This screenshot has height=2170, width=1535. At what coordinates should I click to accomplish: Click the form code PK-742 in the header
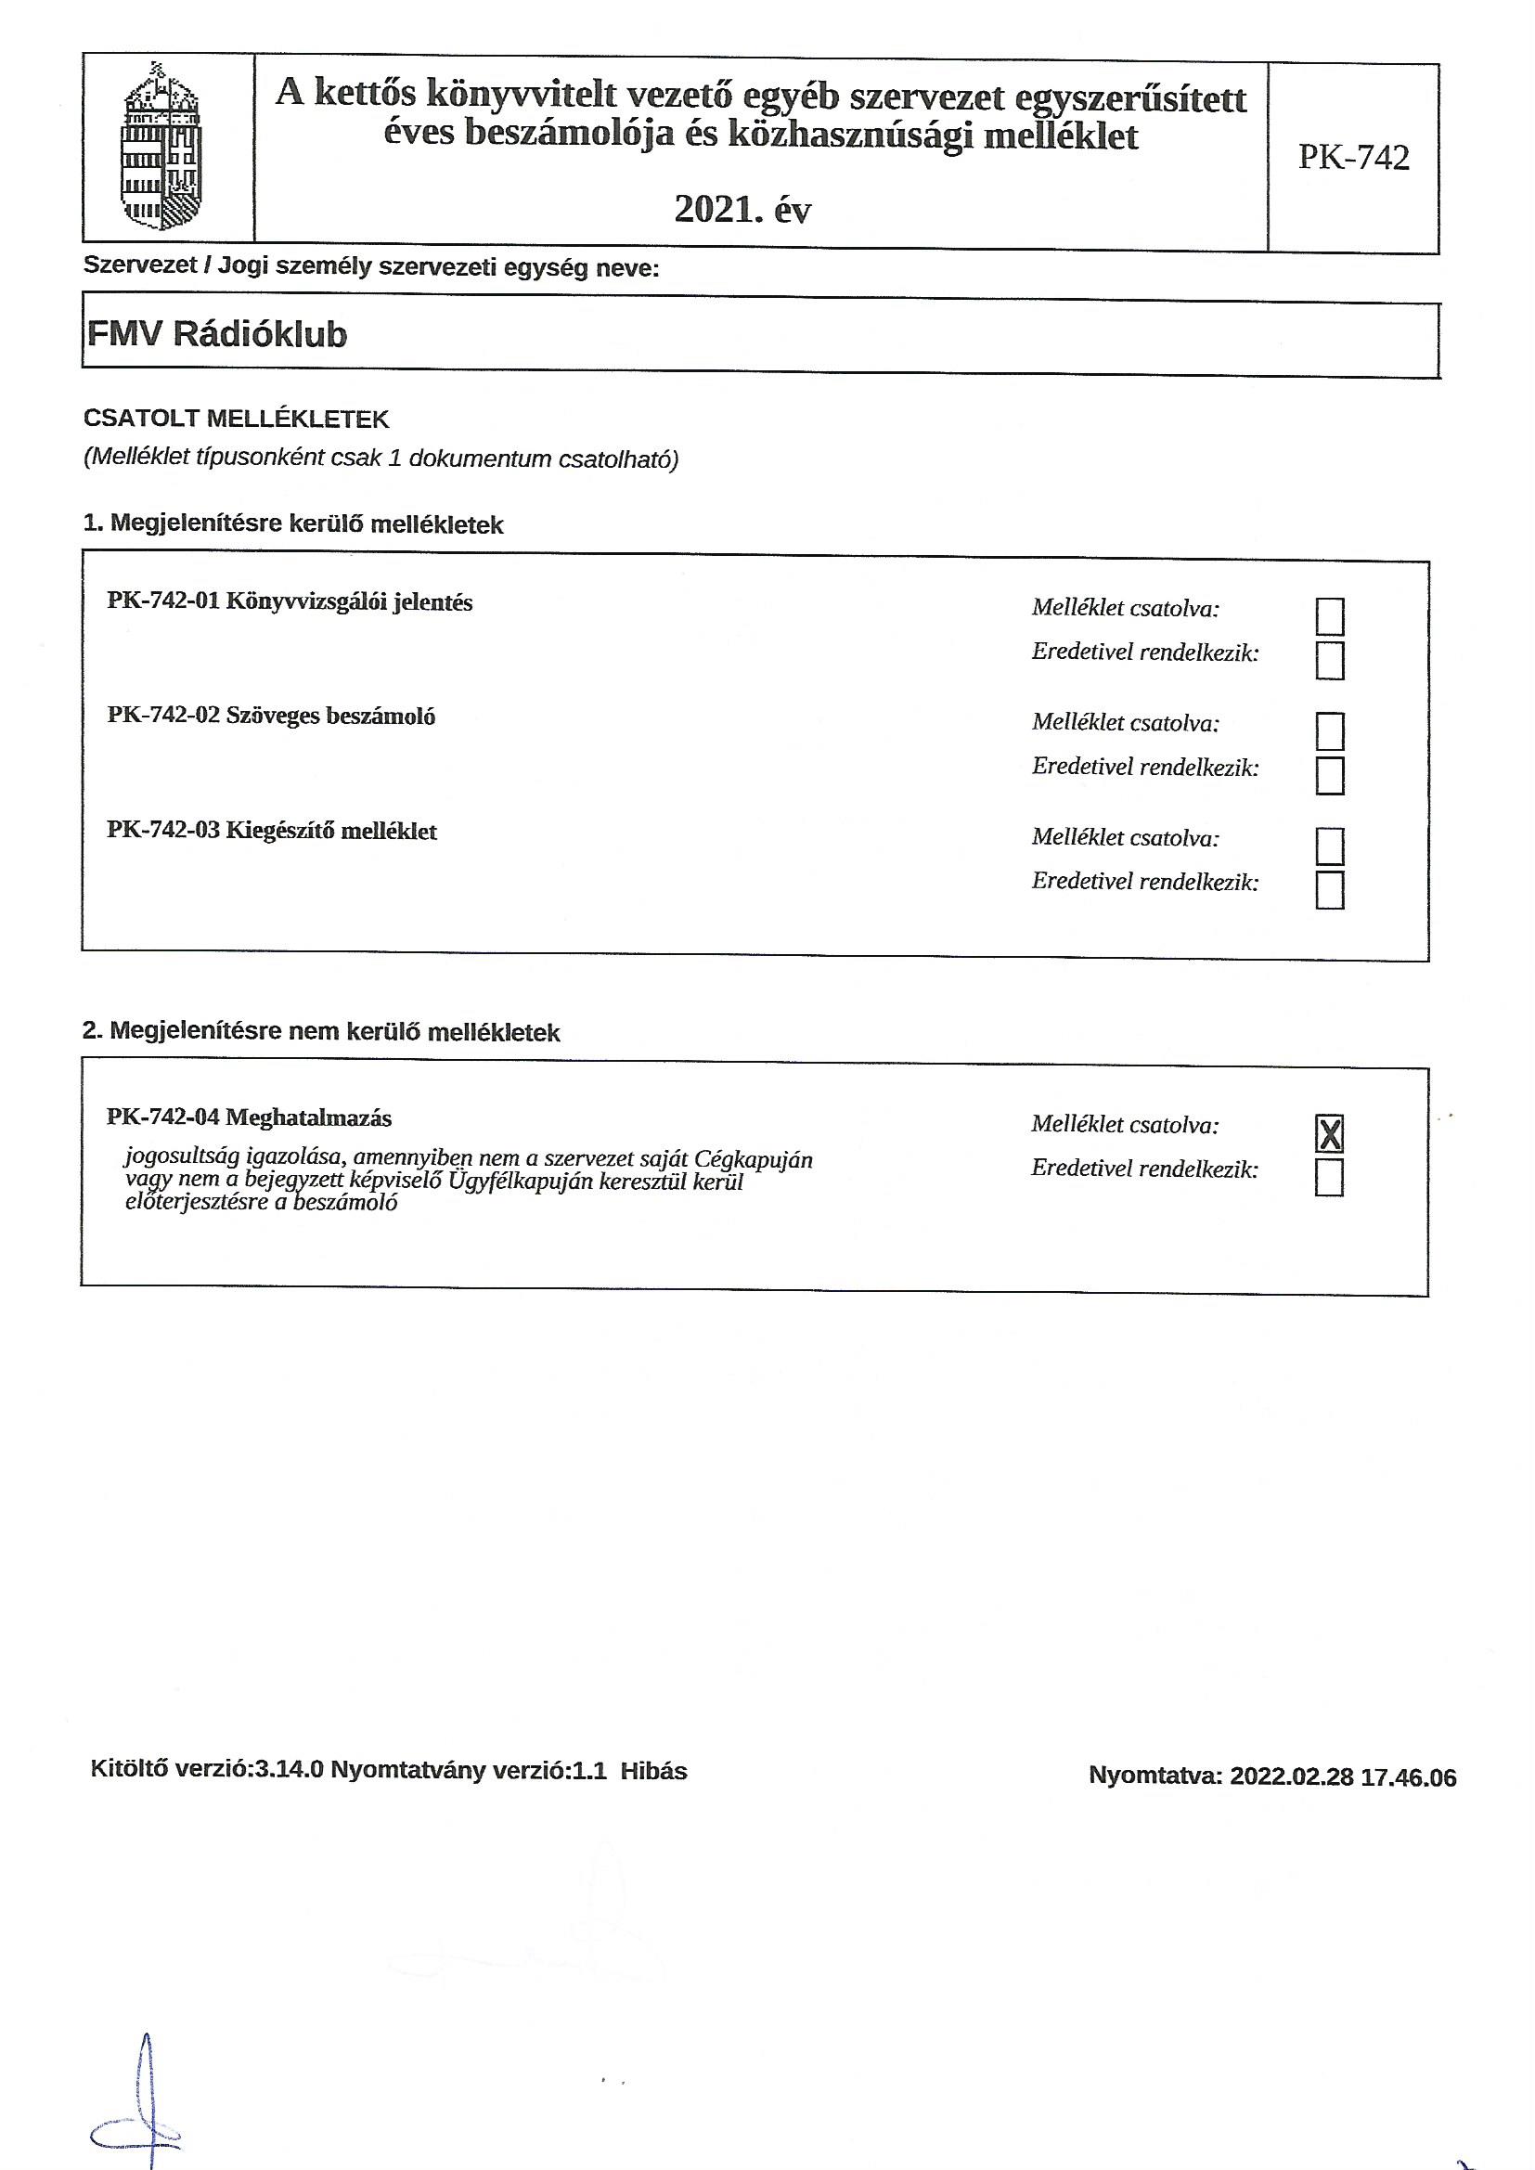coord(1352,157)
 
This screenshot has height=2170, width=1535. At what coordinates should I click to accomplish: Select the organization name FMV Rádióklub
coord(217,334)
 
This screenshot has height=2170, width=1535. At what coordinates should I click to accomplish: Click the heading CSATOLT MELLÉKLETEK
coord(237,419)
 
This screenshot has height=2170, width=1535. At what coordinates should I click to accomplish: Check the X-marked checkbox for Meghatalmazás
coord(1329,1133)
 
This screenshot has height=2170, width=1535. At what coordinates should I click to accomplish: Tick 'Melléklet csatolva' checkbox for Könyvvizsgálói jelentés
coord(1329,617)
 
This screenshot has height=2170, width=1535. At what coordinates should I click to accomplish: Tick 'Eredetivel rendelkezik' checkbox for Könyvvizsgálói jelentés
coord(1329,661)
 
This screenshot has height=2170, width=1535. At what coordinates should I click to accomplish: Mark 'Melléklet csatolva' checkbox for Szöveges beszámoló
coord(1329,731)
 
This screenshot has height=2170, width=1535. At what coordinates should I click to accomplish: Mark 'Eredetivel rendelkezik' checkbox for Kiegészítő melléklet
coord(1329,890)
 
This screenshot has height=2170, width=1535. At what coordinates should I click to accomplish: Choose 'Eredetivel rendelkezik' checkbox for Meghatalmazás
coord(1329,1178)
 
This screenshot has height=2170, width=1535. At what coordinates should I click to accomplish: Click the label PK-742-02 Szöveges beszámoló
coord(271,717)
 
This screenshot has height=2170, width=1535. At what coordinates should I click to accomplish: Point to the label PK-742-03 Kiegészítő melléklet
coord(272,832)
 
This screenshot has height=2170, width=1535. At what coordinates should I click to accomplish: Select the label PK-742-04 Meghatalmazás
coord(250,1118)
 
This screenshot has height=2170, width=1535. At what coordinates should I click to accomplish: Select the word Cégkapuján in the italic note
coord(753,1158)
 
